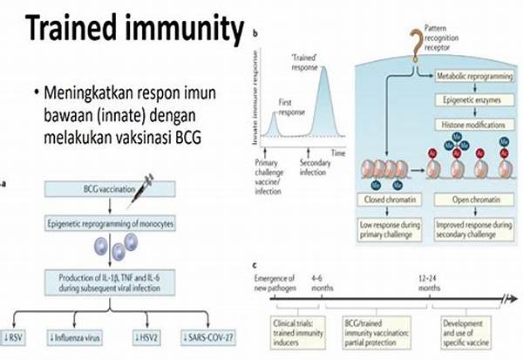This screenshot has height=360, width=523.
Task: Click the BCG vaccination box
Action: click(x=85, y=188)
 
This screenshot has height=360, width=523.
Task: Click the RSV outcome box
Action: click(x=25, y=335)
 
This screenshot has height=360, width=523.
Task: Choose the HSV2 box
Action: click(x=150, y=335)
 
